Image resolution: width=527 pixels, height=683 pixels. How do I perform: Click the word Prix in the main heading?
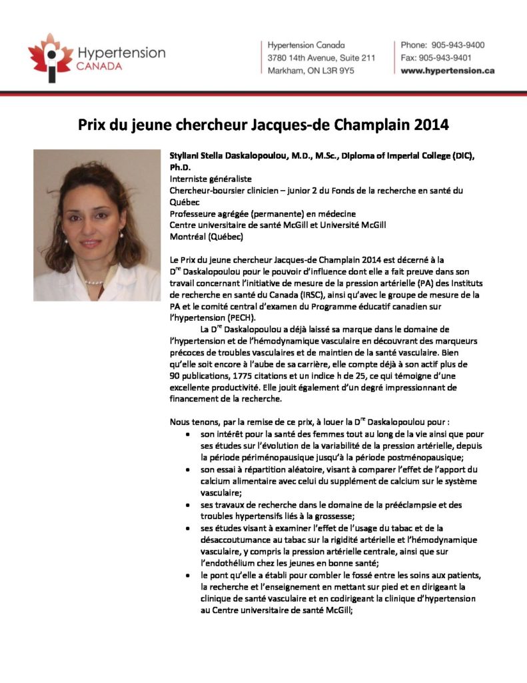[x=93, y=124]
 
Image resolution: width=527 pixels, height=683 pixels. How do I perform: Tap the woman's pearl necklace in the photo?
[x=95, y=281]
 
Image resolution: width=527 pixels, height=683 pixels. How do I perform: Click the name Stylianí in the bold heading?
[x=187, y=155]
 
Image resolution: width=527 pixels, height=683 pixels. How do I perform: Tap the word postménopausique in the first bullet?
[x=410, y=457]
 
